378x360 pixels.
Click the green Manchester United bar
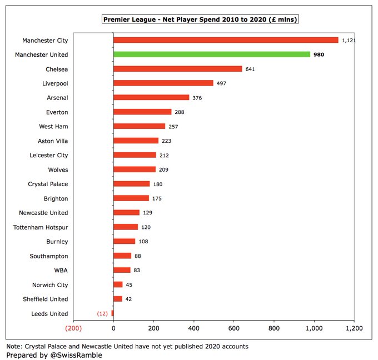pyautogui.click(x=212, y=54)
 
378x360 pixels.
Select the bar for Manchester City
pyautogui.click(x=226, y=40)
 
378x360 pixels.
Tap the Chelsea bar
pyautogui.click(x=178, y=69)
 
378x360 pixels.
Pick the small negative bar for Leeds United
pyautogui.click(x=112, y=313)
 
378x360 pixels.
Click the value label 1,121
pyautogui.click(x=349, y=40)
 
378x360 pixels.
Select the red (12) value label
pyautogui.click(x=103, y=313)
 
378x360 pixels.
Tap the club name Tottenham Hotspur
pyautogui.click(x=41, y=227)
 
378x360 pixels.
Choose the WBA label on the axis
pyautogui.click(x=61, y=270)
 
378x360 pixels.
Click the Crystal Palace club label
pyautogui.click(x=48, y=184)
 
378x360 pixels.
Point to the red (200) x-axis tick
pyautogui.click(x=73, y=328)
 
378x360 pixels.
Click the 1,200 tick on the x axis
pyautogui.click(x=354, y=328)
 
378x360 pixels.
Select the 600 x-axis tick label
pyautogui.click(x=234, y=328)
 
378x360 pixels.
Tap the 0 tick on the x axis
pyautogui.click(x=113, y=328)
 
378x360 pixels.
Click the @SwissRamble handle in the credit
pyautogui.click(x=76, y=354)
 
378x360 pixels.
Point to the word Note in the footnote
pyautogui.click(x=15, y=346)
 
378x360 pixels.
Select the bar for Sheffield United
pyautogui.click(x=118, y=299)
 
